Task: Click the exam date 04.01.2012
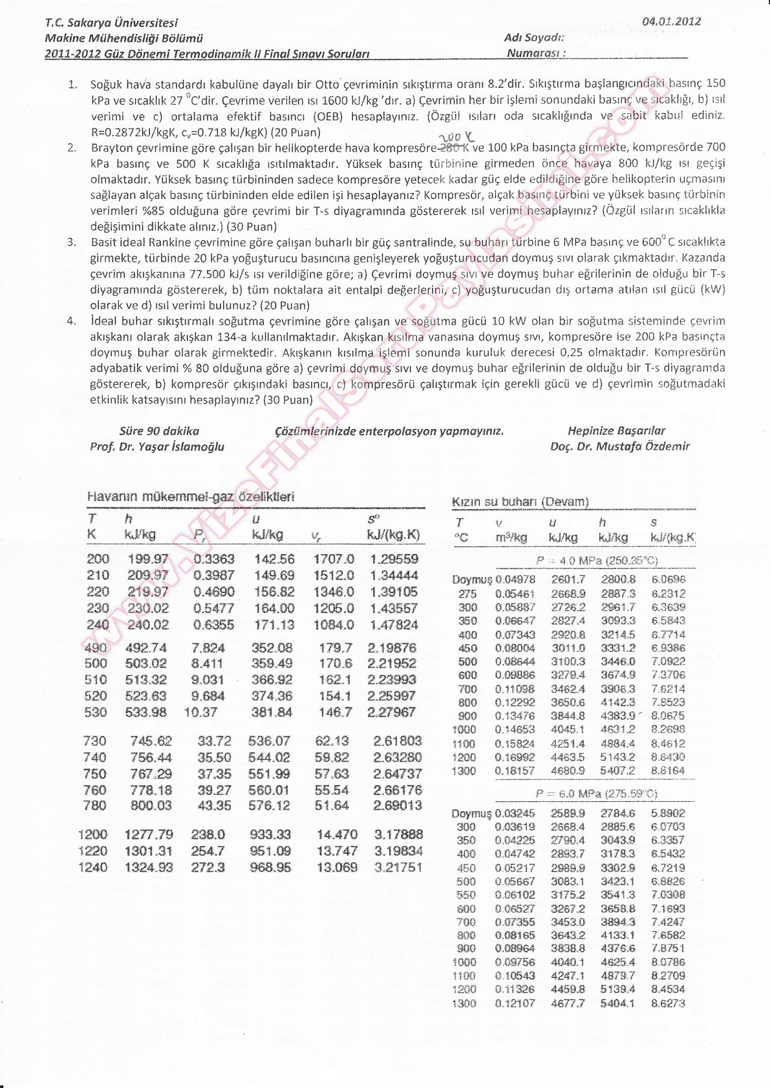pyautogui.click(x=671, y=21)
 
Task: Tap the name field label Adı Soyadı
pyautogui.click(x=534, y=38)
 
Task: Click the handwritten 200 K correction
pyautogui.click(x=456, y=138)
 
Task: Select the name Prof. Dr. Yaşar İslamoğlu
pyautogui.click(x=157, y=446)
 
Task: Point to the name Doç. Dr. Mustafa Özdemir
pyautogui.click(x=619, y=446)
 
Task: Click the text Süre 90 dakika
pyautogui.click(x=159, y=431)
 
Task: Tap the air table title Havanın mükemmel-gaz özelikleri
pyautogui.click(x=190, y=497)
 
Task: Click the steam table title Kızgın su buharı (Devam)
pyautogui.click(x=520, y=501)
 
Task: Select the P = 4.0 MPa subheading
pyautogui.click(x=596, y=561)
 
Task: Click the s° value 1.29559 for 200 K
pyautogui.click(x=394, y=559)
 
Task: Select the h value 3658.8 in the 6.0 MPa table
pyautogui.click(x=617, y=908)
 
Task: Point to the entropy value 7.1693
pyautogui.click(x=668, y=908)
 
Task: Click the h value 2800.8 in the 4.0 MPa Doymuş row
pyautogui.click(x=618, y=580)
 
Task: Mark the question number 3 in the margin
pyautogui.click(x=72, y=242)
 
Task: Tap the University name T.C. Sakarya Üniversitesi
pyautogui.click(x=111, y=23)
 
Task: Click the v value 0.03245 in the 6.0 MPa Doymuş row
pyautogui.click(x=515, y=813)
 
